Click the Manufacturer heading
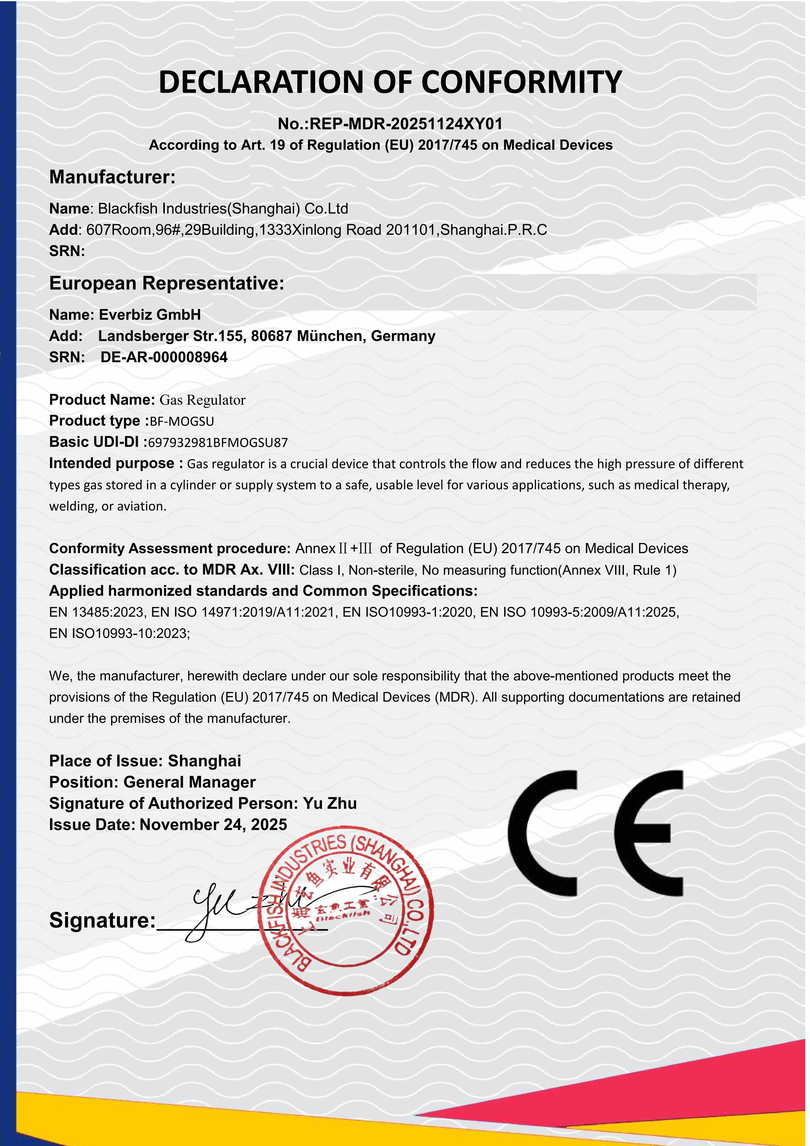[112, 177]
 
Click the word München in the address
[329, 336]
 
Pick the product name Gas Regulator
[202, 400]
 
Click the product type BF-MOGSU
[182, 421]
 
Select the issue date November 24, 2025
[213, 825]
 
